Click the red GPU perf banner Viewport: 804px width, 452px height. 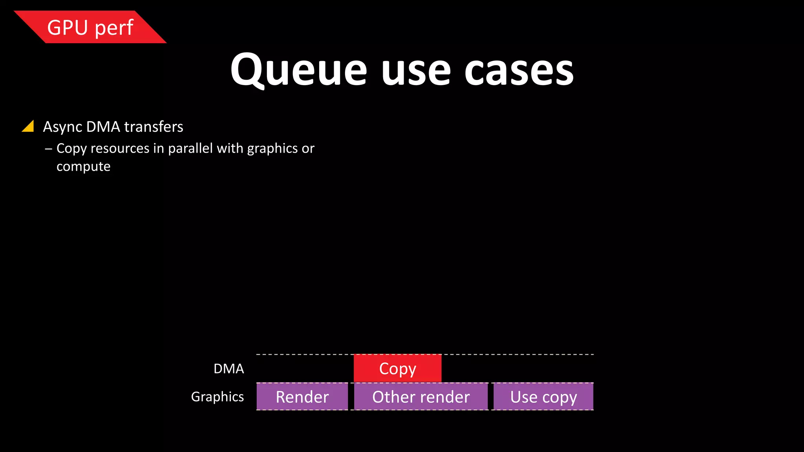pos(90,27)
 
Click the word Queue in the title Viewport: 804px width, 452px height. pos(298,71)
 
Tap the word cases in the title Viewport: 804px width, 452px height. pos(519,71)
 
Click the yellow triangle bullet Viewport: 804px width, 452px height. pos(28,126)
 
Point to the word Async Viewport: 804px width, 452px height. pos(62,127)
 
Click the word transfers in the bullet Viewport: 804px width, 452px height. pos(153,127)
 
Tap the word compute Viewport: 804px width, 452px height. pos(83,167)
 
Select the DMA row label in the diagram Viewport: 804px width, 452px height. pos(228,369)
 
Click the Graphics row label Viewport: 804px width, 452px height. pos(217,397)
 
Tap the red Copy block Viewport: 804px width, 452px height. pos(397,368)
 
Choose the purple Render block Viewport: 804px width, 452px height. pos(302,397)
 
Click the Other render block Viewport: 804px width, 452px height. pos(421,397)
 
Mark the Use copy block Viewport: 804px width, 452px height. pos(543,397)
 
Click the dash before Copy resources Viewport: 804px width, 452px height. pos(49,149)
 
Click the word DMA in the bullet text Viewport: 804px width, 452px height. pos(103,127)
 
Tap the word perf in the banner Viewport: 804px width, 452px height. pos(114,28)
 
